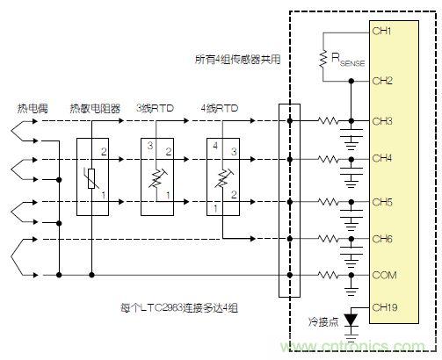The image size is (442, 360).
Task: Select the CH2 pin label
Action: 382,80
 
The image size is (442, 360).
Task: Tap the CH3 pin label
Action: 382,120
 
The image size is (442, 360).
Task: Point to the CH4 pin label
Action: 382,160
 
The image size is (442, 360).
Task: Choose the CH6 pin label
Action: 382,238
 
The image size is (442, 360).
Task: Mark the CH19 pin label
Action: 385,307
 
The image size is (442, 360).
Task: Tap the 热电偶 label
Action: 31,108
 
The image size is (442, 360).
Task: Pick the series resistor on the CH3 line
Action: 328,121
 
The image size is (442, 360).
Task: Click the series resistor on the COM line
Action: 328,276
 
